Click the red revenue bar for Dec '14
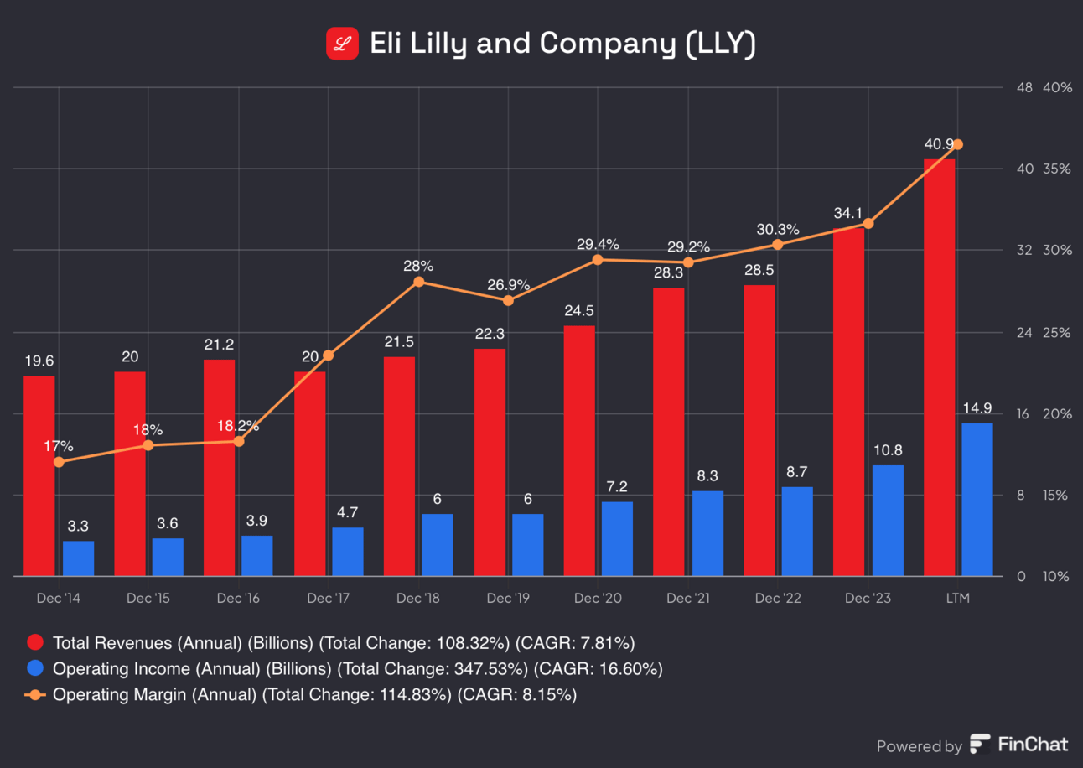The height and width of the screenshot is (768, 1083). click(39, 475)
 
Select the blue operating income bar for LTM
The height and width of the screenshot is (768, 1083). click(977, 500)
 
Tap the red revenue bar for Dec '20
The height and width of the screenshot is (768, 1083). click(579, 450)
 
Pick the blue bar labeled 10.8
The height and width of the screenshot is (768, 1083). click(888, 521)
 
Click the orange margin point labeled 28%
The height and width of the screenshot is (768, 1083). click(419, 282)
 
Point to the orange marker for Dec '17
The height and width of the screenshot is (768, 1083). click(329, 355)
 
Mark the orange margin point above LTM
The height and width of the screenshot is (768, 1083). click(958, 144)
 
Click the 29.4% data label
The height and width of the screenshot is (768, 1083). click(598, 245)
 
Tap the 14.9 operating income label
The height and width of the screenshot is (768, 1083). click(977, 408)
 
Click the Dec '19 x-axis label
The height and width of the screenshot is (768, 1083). click(508, 599)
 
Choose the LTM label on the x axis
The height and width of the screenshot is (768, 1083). click(957, 599)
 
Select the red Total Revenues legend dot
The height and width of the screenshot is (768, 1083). click(35, 643)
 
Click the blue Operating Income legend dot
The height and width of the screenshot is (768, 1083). click(35, 669)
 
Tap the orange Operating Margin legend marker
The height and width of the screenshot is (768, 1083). click(35, 694)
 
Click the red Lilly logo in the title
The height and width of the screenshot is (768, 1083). click(342, 44)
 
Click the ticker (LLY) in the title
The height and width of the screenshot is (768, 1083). click(720, 44)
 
